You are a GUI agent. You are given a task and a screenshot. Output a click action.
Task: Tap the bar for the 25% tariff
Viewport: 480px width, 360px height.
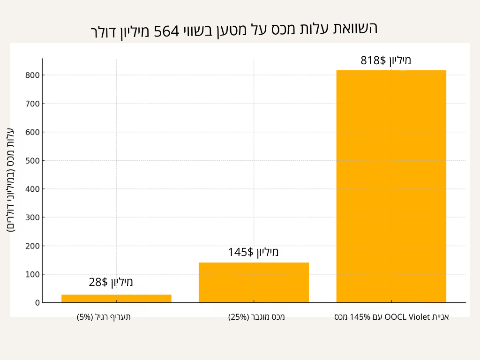[254, 282]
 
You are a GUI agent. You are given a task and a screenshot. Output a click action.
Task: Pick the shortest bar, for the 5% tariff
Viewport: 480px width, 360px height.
[116, 298]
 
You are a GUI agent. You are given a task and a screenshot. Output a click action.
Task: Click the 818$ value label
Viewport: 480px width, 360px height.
[385, 60]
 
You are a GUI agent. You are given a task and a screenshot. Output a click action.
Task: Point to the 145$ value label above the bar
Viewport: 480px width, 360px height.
[253, 252]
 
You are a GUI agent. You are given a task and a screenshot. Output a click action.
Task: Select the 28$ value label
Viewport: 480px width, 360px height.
[111, 282]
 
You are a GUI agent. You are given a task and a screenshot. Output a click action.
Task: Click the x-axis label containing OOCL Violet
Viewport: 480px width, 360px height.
[391, 317]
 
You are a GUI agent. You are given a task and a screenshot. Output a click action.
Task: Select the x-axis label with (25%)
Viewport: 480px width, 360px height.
[256, 317]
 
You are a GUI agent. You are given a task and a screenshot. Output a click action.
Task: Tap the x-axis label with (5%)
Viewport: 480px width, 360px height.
[104, 317]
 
